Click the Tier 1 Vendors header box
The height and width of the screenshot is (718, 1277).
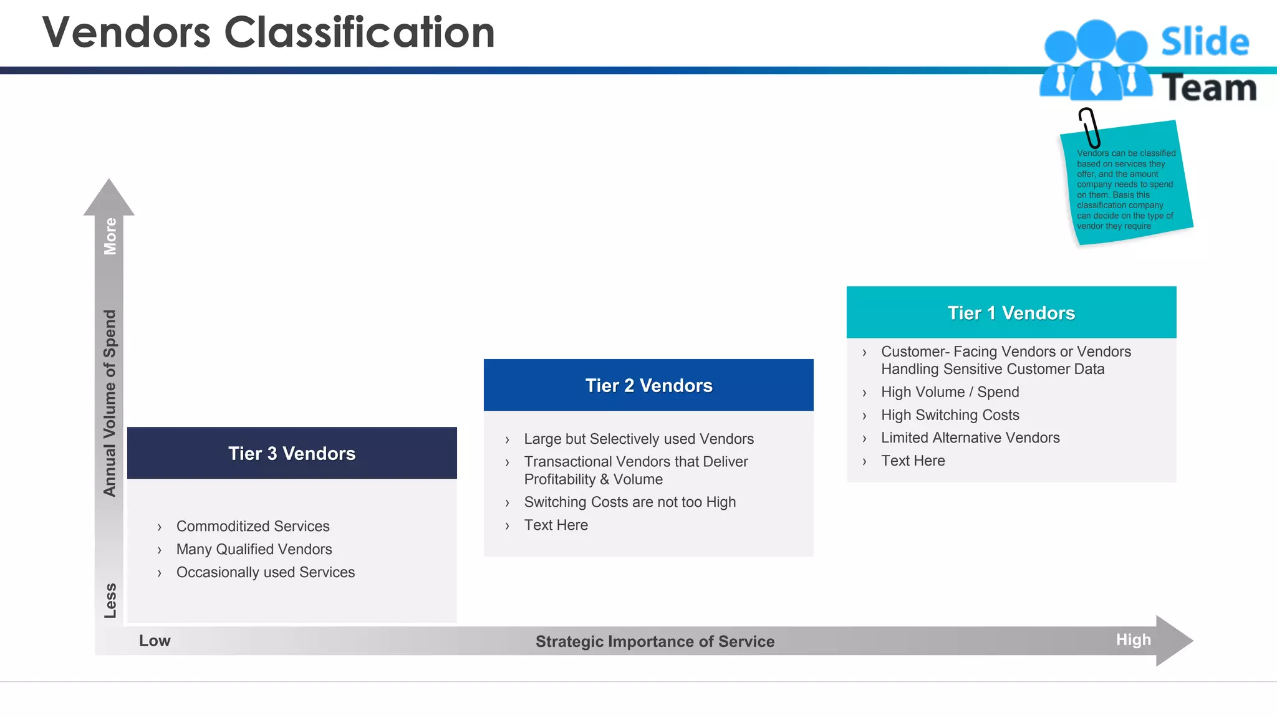[x=1011, y=312]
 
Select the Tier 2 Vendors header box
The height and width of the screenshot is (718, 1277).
[x=648, y=385]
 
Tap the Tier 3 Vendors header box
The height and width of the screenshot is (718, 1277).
[x=292, y=453]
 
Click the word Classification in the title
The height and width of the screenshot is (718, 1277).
[x=359, y=32]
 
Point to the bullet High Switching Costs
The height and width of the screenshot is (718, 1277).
[x=950, y=415]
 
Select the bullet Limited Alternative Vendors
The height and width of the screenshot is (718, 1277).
[x=970, y=438]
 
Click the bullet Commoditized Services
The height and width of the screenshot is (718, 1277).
[x=253, y=526]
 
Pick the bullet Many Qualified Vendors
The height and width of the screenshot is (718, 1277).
[x=254, y=549]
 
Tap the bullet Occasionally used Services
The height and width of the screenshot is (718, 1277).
[x=265, y=572]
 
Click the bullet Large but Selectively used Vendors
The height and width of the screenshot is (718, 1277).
[x=638, y=439]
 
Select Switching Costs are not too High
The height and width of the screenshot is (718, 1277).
[x=630, y=502]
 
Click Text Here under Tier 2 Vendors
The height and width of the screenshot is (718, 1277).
[x=556, y=525]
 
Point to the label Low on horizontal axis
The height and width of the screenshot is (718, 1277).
[x=155, y=641]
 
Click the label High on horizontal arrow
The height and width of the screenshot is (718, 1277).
[x=1133, y=640]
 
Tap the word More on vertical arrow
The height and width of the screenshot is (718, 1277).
[x=110, y=236]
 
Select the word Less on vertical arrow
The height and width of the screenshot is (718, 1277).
[x=110, y=600]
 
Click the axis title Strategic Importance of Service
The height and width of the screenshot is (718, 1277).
[x=655, y=641]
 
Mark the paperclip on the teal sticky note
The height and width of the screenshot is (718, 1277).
[x=1089, y=127]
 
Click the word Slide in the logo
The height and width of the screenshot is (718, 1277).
[x=1205, y=42]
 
